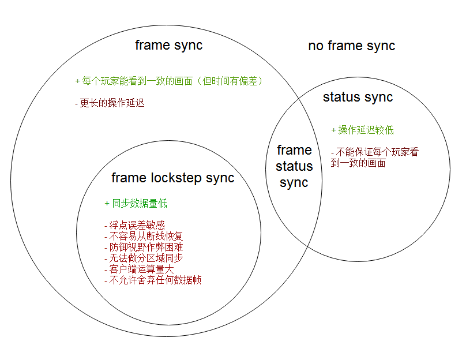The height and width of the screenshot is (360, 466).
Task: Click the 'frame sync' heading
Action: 168,45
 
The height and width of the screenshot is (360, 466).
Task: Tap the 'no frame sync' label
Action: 351,46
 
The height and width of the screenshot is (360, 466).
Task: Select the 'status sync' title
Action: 358,97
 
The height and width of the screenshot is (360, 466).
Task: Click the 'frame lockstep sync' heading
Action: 172,178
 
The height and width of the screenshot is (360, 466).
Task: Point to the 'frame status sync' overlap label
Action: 294,166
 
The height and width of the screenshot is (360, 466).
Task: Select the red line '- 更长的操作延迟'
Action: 110,103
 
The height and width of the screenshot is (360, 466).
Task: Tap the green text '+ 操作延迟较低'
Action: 363,130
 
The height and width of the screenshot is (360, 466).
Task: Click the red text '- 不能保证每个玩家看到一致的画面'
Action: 374,157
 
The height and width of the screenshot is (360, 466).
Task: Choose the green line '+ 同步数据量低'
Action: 136,203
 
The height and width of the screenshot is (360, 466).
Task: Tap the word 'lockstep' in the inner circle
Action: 178,178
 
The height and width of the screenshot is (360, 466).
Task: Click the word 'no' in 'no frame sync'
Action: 315,46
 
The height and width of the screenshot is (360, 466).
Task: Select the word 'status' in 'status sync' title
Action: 341,97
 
